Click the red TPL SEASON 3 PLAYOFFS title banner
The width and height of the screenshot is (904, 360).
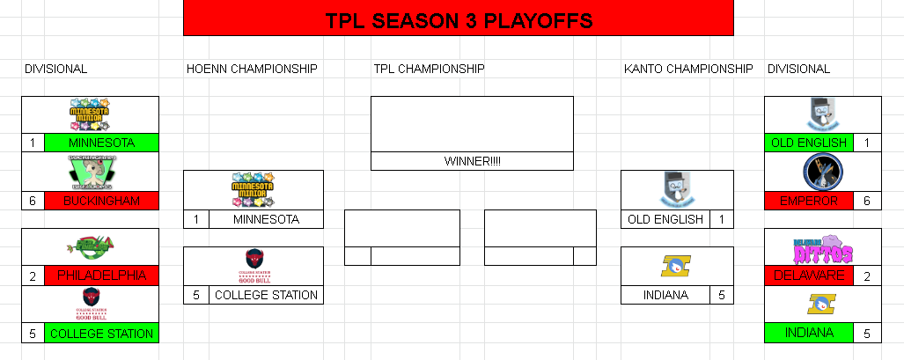click(458, 18)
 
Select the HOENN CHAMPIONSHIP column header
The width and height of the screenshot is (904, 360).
click(252, 69)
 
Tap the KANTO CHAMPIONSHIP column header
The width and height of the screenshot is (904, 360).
click(687, 69)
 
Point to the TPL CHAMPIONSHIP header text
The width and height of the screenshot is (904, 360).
click(429, 69)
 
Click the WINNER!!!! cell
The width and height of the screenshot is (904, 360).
click(472, 161)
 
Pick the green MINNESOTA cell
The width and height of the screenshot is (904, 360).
click(101, 143)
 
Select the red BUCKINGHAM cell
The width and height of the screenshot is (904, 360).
click(101, 201)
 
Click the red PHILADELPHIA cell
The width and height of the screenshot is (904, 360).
click(101, 276)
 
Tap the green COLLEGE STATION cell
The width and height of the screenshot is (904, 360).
click(101, 334)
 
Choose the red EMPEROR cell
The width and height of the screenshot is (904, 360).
click(808, 201)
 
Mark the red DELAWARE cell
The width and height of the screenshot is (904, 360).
click(808, 276)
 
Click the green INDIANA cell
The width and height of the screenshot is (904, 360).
click(808, 334)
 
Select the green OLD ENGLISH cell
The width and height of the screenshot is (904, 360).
click(808, 143)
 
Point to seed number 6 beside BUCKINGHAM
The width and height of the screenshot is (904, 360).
click(33, 201)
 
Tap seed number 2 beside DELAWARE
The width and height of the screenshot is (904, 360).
click(866, 276)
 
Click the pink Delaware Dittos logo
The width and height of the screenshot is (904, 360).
click(822, 248)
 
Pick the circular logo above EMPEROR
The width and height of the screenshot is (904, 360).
click(822, 172)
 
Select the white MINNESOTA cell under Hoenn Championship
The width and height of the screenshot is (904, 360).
click(266, 219)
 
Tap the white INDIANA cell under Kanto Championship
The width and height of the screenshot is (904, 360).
click(665, 295)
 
